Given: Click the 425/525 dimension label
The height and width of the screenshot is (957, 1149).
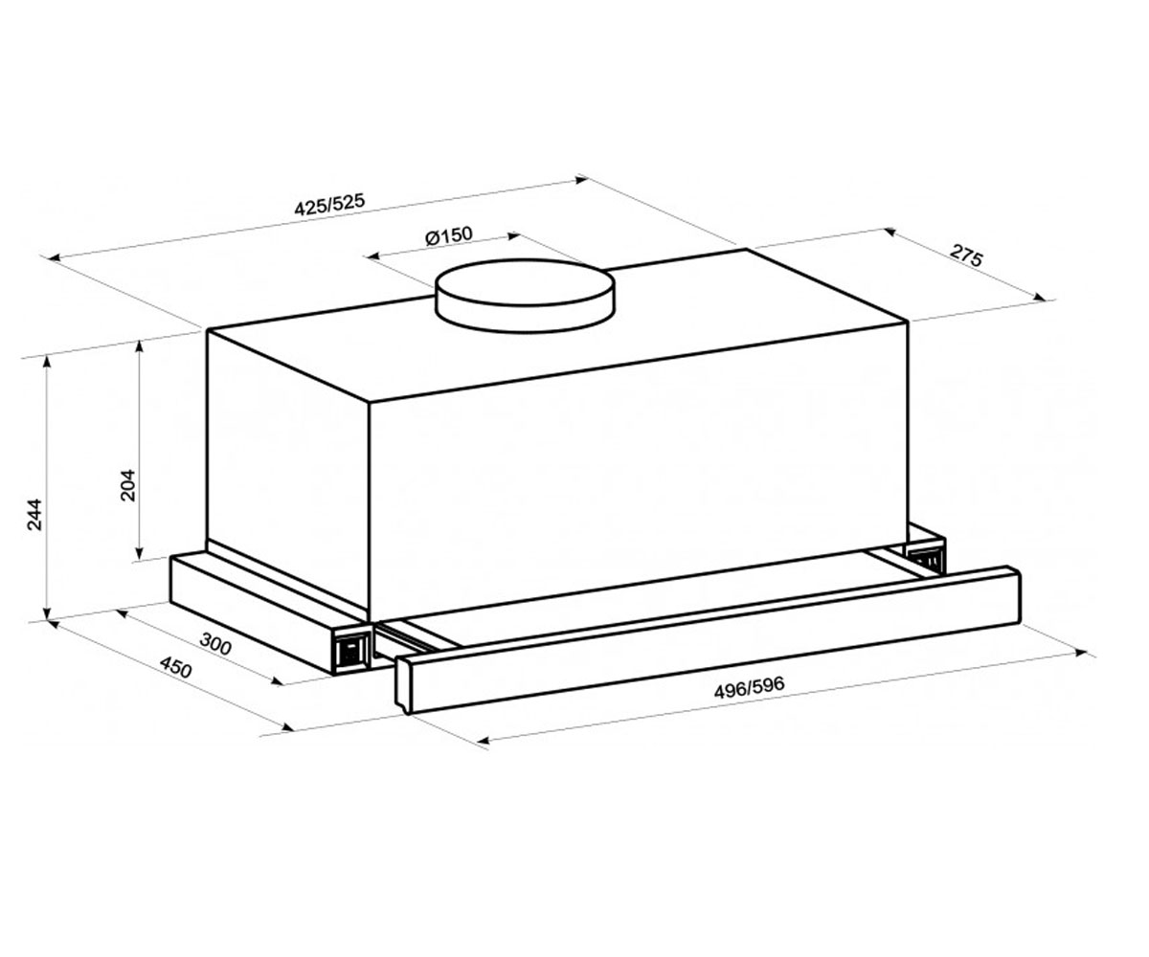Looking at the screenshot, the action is click(x=329, y=205).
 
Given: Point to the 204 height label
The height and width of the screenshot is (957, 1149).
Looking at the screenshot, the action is click(x=127, y=484).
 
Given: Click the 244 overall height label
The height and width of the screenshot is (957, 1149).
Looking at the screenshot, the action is click(x=34, y=514).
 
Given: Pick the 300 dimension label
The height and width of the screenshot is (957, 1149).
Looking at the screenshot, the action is click(x=214, y=644).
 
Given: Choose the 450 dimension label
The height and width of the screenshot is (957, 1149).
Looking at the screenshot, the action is click(x=175, y=668).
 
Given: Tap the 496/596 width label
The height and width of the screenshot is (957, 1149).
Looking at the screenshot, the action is click(x=749, y=687).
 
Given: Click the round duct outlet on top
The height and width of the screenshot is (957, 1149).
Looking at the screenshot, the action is click(x=524, y=296).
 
